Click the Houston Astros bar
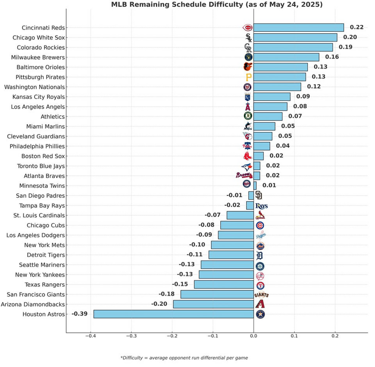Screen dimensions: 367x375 click(x=173, y=314)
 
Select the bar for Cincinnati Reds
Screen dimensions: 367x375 click(x=299, y=27)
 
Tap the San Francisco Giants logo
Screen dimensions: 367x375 click(x=261, y=295)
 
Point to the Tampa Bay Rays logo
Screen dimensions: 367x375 click(x=261, y=206)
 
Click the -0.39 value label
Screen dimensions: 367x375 click(x=79, y=314)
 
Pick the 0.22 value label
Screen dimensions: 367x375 click(x=357, y=27)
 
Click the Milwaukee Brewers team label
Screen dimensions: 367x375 click(x=40, y=57)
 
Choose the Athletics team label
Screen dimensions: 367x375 click(x=51, y=116)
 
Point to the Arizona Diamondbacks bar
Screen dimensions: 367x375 click(x=213, y=304)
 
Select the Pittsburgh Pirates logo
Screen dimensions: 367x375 click(x=248, y=77)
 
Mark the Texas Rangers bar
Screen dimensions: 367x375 click(x=224, y=284)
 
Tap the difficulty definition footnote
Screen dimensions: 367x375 click(x=184, y=358)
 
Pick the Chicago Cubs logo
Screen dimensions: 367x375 click(x=260, y=225)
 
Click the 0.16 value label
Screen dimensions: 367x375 click(x=332, y=57)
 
